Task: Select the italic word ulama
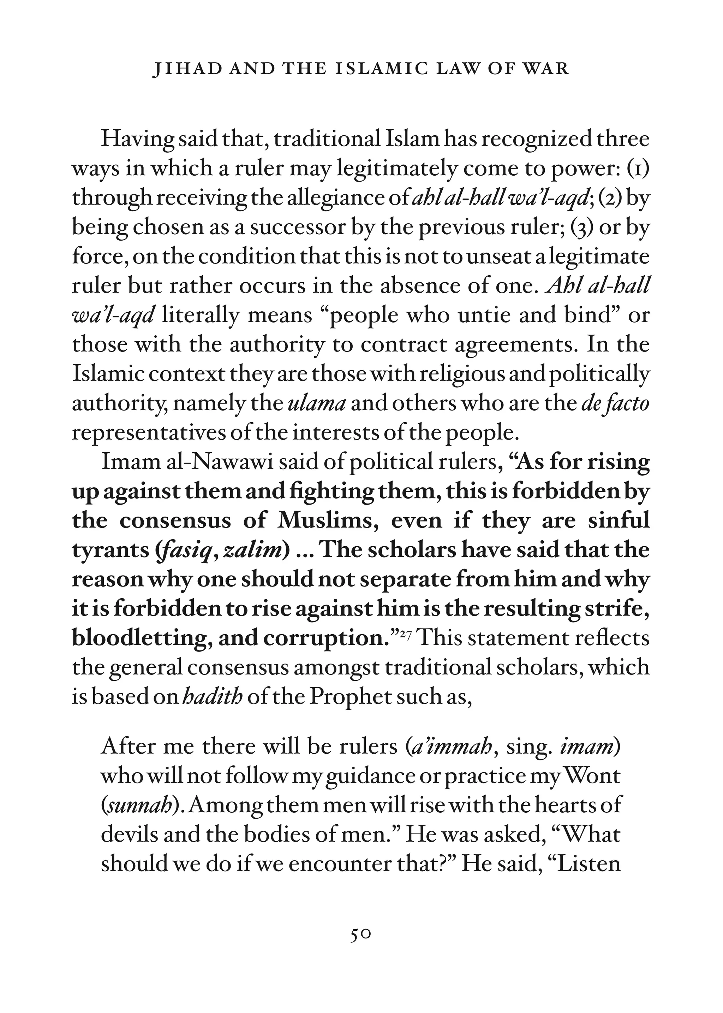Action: tap(317, 404)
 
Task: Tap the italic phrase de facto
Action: tap(615, 404)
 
